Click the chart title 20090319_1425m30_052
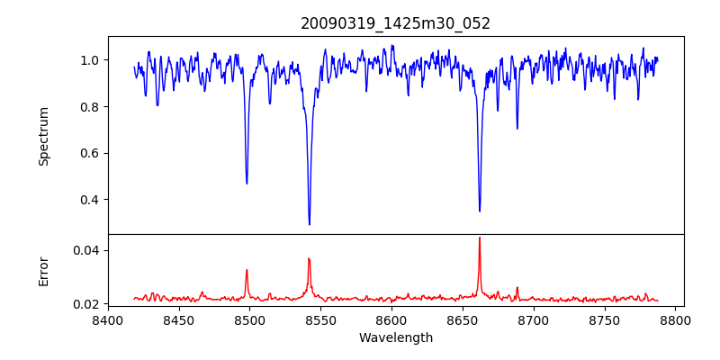(395, 23)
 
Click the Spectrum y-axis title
(43, 136)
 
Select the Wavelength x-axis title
(395, 337)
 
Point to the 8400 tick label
(108, 319)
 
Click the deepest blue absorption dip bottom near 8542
(310, 224)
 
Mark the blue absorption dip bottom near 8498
(247, 184)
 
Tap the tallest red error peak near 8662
(480, 238)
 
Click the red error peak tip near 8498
(247, 270)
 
